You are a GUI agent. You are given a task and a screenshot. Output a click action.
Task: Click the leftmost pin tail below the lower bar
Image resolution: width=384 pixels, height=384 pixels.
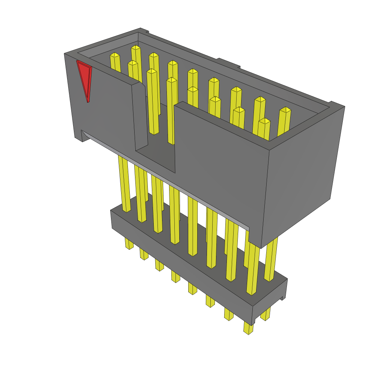129,244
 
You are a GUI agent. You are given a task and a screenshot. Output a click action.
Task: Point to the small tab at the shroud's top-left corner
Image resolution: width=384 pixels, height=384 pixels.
144,30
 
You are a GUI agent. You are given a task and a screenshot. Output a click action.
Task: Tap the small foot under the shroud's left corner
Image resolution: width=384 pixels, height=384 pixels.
78,136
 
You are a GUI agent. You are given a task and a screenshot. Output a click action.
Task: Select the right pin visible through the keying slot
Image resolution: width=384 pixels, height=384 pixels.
171,112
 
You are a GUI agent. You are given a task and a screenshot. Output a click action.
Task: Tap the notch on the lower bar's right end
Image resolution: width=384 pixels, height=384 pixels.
283,298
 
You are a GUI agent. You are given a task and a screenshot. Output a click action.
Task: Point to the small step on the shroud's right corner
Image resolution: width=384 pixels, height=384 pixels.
331,103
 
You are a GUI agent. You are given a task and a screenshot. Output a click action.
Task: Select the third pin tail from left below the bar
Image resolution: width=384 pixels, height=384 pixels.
159,265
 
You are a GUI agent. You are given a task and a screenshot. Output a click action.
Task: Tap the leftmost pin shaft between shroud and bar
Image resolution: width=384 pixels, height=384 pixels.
124,184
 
